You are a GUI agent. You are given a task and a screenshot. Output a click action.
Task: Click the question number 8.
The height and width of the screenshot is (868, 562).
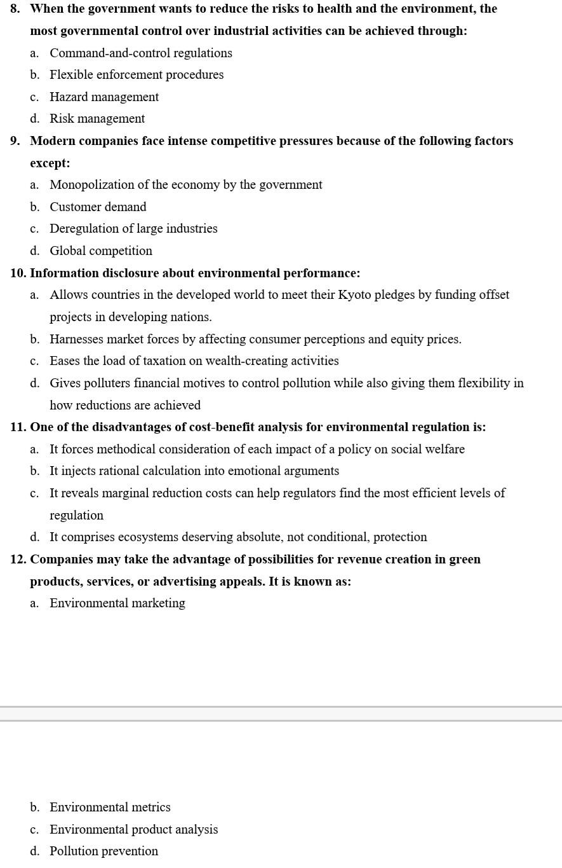(x=15, y=9)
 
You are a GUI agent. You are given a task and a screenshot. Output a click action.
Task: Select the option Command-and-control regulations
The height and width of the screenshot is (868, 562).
(x=140, y=53)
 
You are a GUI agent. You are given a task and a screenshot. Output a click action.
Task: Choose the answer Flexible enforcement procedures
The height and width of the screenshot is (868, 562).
(x=137, y=74)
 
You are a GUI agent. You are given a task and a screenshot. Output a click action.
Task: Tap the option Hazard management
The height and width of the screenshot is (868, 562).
(x=104, y=97)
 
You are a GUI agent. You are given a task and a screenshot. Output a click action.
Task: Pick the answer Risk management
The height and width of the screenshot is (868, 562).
(x=97, y=118)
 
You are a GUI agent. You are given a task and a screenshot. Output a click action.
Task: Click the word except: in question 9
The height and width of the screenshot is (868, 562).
(x=50, y=163)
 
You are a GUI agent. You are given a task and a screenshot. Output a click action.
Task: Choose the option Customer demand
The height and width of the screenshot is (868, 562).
(x=98, y=207)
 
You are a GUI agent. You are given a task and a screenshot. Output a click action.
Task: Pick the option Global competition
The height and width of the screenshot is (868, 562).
(x=101, y=251)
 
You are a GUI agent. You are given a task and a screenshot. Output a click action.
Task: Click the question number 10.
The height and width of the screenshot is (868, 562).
(x=18, y=273)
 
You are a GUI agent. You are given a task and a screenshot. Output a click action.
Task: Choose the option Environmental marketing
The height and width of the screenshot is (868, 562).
(x=117, y=603)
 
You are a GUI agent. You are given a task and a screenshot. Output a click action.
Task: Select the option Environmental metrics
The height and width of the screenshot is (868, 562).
(x=110, y=807)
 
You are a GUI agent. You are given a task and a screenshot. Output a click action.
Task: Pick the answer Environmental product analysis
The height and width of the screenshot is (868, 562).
(x=133, y=829)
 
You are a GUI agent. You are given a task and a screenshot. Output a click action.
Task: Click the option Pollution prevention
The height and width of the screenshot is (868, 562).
(x=104, y=851)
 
